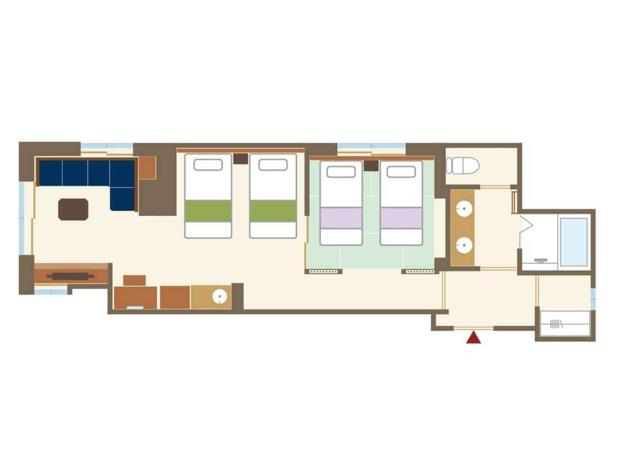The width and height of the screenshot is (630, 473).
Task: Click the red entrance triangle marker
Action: (x=473, y=337)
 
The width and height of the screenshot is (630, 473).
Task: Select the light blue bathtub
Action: (x=573, y=242)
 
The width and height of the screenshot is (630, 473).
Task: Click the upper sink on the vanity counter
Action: (x=464, y=209)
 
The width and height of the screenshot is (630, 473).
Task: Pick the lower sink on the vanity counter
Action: (x=464, y=245)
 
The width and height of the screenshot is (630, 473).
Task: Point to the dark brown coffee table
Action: (x=73, y=209)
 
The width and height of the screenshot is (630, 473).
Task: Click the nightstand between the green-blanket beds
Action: (x=241, y=159)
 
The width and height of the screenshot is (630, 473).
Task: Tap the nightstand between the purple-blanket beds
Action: (x=371, y=166)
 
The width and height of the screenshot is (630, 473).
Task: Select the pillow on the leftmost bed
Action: (x=208, y=165)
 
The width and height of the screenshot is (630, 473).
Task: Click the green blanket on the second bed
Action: (x=273, y=211)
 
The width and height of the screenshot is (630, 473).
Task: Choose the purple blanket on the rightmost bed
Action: (x=401, y=218)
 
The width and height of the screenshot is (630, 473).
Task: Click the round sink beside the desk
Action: (x=220, y=297)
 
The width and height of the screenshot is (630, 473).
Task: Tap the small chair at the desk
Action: (x=134, y=280)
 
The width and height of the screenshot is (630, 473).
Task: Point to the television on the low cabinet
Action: (x=70, y=276)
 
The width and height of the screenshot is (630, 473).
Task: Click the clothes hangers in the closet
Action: (x=556, y=324)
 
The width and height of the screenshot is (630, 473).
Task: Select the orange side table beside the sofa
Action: (x=147, y=168)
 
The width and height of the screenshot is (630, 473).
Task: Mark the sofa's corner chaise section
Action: (x=122, y=199)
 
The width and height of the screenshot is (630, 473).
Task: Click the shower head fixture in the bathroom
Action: (x=541, y=260)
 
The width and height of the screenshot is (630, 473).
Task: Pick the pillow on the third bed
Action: (x=341, y=172)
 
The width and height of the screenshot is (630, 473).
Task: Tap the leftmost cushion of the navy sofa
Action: (x=51, y=173)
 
